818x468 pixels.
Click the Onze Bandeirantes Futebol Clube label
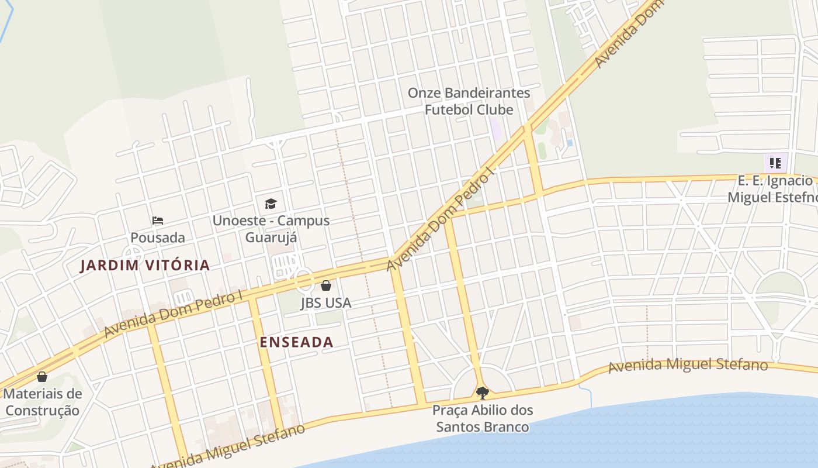pos(469,101)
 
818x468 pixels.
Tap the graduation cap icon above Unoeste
pos(271,204)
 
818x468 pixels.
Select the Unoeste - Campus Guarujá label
pos(271,229)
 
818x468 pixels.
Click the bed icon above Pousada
pos(157,221)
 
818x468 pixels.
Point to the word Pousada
pos(157,238)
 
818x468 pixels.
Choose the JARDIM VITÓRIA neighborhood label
pos(145,265)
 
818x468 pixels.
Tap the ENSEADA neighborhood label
pos(296,342)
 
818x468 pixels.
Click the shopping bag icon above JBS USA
pos(326,285)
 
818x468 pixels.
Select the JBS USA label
pos(326,302)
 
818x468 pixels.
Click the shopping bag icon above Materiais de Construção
pos(42,377)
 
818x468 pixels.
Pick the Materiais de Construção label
pos(42,402)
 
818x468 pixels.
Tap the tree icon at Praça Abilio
pos(482,393)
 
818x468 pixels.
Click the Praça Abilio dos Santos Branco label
pos(483,418)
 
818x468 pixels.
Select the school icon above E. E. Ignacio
pos(775,163)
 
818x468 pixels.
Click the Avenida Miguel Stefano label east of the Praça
pos(688,366)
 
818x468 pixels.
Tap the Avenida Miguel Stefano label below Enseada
pos(228,446)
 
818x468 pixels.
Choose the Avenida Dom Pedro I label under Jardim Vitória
pos(173,314)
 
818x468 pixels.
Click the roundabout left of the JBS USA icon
pos(304,281)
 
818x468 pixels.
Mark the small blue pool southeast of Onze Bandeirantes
pos(570,143)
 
